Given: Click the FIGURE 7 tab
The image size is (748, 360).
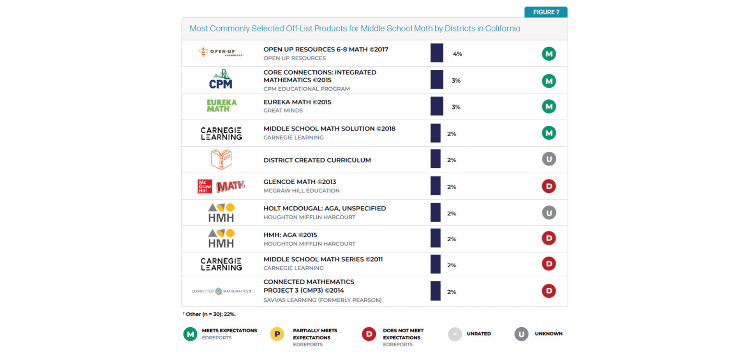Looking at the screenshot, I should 545,12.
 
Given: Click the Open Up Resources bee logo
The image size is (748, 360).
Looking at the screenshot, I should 203,51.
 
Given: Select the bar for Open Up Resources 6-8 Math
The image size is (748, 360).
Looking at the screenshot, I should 437,53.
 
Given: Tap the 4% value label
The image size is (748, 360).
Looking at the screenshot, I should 457,54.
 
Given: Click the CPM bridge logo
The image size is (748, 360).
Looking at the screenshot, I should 221,80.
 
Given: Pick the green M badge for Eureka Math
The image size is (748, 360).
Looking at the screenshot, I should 549,106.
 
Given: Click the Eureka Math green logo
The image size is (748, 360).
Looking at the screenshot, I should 221,106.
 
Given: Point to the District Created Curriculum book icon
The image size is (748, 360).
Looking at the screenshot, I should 221,159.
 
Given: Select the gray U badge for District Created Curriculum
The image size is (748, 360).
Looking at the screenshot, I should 549,159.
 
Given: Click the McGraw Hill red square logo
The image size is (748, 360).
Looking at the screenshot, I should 205,186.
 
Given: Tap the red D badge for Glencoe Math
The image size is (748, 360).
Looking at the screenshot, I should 549,186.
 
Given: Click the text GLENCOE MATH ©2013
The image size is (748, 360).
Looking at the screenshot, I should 300,182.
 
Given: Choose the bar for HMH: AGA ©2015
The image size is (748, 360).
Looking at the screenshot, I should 436,238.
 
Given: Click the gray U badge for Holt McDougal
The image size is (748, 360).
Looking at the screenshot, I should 549,213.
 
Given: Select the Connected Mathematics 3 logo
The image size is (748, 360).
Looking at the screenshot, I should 221,291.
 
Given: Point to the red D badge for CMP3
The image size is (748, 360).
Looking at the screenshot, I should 549,291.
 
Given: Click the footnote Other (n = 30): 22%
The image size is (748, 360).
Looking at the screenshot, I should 210,314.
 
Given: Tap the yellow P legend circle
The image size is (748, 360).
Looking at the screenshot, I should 277,334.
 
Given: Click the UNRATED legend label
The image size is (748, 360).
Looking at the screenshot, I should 479,334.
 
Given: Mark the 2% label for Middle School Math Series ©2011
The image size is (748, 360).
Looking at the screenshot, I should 452,265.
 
